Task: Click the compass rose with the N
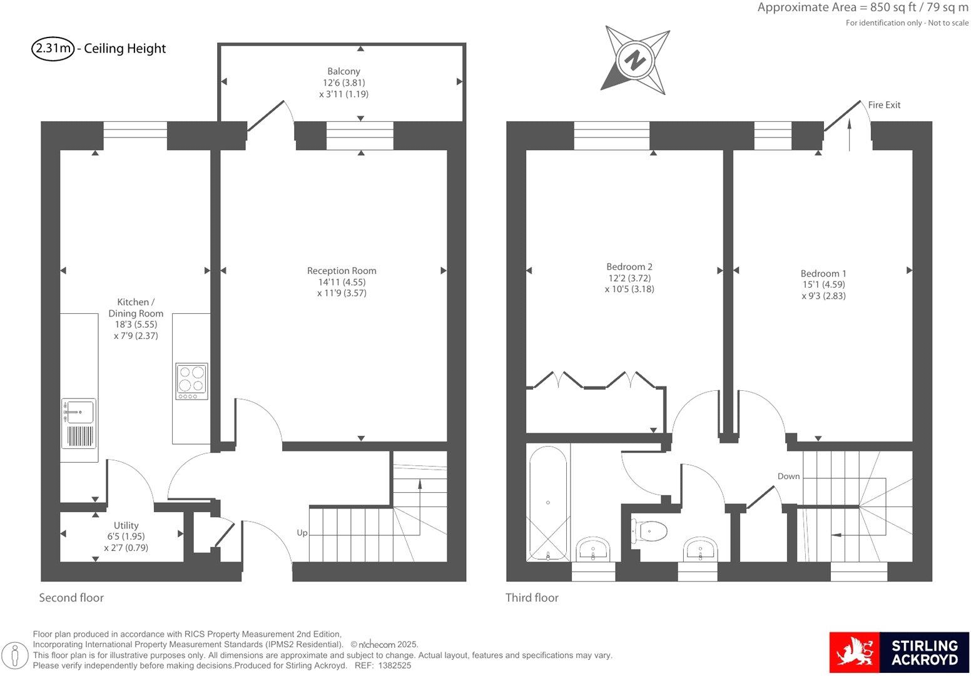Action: point(636,61)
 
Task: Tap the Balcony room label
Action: point(343,83)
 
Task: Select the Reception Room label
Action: point(342,281)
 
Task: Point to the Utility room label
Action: point(126,537)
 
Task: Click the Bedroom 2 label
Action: point(629,278)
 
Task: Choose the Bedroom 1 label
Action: point(823,285)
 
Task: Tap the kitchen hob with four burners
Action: point(191,381)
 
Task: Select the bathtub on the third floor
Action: point(548,503)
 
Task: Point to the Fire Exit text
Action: point(884,105)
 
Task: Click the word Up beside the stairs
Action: point(302,533)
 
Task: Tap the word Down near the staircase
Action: point(788,477)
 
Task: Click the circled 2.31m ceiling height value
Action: point(53,49)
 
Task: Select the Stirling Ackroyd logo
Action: point(898,652)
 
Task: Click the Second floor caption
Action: point(71,598)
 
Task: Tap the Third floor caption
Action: point(532,598)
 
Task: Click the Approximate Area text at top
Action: point(862,8)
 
